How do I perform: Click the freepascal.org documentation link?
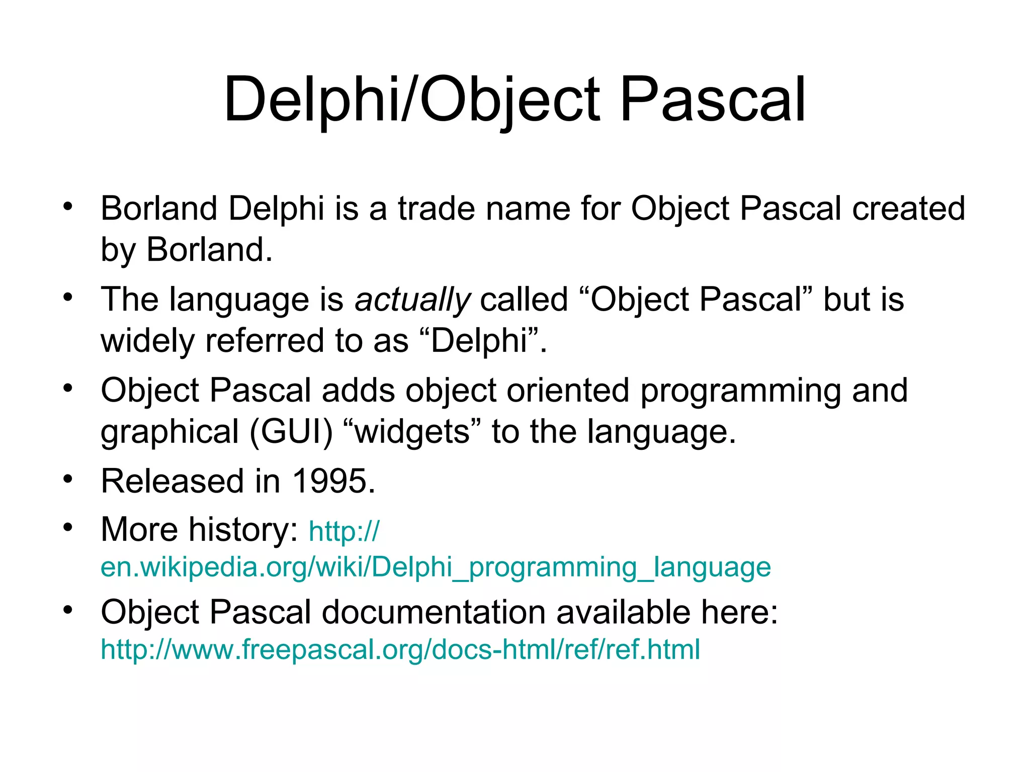(x=400, y=649)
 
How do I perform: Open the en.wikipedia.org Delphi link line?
(x=435, y=567)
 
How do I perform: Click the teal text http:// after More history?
(x=344, y=532)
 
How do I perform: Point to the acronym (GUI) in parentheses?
(x=292, y=432)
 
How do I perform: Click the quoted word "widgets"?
(x=412, y=432)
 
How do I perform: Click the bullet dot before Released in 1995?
(x=68, y=478)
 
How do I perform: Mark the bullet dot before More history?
(x=68, y=527)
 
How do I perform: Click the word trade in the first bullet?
(x=436, y=209)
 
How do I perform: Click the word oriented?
(x=568, y=391)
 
